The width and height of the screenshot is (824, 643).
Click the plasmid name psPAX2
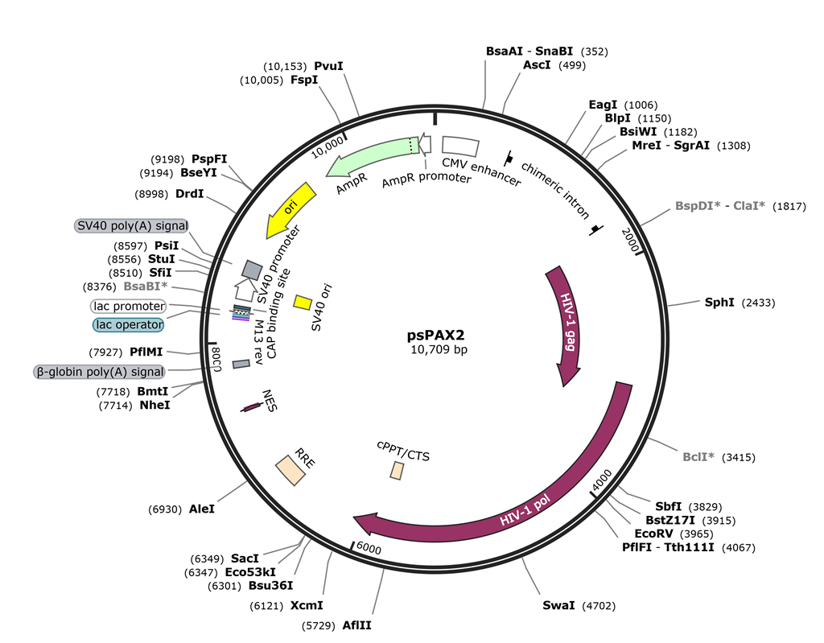[438, 335]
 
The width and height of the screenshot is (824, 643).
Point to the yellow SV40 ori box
[303, 302]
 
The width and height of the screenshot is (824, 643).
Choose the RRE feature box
[290, 470]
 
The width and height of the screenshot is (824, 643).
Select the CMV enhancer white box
[459, 145]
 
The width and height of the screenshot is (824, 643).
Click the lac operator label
[128, 324]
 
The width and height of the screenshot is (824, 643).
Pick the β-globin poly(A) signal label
[99, 372]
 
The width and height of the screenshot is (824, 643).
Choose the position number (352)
[595, 52]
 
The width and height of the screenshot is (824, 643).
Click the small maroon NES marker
[251, 408]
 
